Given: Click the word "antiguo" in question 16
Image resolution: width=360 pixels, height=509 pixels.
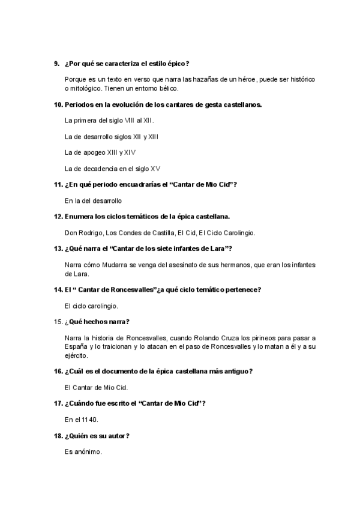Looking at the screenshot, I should (235, 371).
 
